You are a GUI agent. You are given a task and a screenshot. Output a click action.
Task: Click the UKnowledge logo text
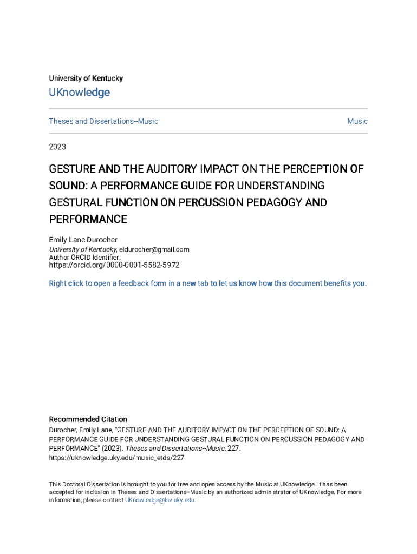(x=79, y=93)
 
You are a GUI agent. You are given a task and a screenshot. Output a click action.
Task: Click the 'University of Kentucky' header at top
(x=86, y=78)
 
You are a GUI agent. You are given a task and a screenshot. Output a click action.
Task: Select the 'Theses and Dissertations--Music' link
(x=103, y=121)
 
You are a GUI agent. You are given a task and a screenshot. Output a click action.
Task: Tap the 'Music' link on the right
(x=357, y=121)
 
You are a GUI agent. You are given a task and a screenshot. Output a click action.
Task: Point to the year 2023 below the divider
(x=57, y=146)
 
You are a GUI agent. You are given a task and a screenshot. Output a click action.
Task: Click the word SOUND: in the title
(x=68, y=186)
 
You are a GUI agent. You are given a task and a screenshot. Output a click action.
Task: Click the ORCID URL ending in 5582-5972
(x=114, y=266)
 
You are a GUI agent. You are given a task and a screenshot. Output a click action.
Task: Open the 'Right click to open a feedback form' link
(x=208, y=283)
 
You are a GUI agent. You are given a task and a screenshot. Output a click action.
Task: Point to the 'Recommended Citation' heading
(x=88, y=419)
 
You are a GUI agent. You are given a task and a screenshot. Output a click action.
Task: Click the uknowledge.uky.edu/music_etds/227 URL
(x=116, y=458)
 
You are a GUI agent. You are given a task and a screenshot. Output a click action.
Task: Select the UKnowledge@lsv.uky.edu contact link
(x=160, y=500)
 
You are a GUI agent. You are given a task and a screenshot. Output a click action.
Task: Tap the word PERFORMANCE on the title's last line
(x=88, y=219)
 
